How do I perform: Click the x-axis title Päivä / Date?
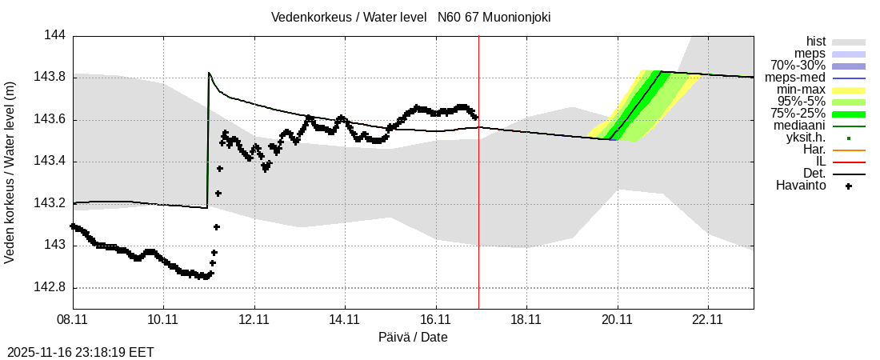pyautogui.click(x=413, y=337)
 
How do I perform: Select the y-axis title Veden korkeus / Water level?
pyautogui.click(x=10, y=172)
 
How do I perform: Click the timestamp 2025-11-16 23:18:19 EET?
pyautogui.click(x=80, y=352)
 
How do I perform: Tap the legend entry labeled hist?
pyautogui.click(x=816, y=42)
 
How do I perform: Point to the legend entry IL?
pyautogui.click(x=820, y=162)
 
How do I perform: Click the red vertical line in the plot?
pyautogui.click(x=478, y=200)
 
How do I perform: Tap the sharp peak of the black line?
pyautogui.click(x=208, y=73)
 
